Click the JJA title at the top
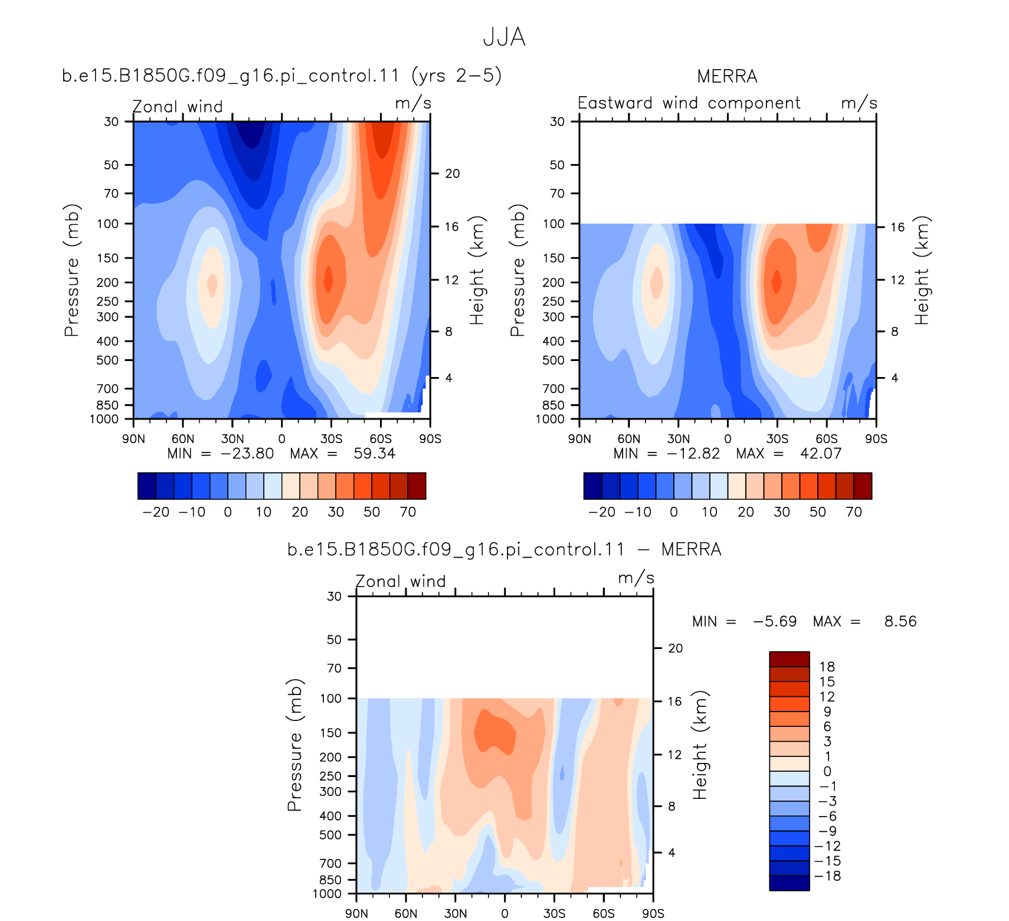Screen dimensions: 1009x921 504,37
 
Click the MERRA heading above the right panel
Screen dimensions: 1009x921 727,76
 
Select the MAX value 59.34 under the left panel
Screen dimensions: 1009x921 374,453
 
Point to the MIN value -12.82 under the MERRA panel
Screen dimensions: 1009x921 693,453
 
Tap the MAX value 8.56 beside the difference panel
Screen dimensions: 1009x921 900,621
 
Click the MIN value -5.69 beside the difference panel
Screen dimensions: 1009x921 775,621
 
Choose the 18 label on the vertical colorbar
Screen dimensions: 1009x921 827,667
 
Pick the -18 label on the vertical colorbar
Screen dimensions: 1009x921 827,876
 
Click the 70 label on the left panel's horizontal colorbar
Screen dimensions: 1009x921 408,512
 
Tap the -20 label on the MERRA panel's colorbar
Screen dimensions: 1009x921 602,512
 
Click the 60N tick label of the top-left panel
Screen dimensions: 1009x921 183,439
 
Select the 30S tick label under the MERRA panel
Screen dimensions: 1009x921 777,439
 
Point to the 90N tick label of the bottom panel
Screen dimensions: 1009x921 356,913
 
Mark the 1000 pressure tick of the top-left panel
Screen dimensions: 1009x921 104,419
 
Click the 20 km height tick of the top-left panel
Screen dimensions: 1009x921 453,173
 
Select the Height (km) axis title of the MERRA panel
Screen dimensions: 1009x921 921,270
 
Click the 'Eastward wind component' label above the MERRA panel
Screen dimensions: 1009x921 689,103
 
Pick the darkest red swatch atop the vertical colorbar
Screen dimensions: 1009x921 789,659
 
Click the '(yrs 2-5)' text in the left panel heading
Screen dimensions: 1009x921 457,76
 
